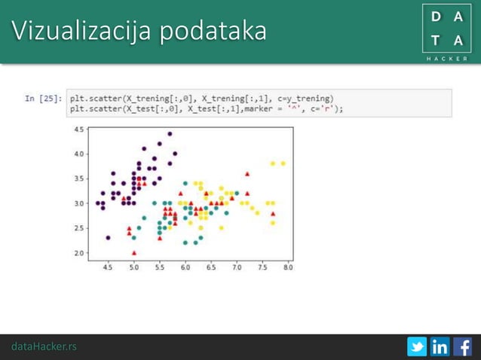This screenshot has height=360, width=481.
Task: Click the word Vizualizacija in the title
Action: (x=83, y=32)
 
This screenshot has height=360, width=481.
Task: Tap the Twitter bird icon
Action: (x=417, y=346)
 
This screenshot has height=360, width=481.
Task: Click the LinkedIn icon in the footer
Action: (x=440, y=346)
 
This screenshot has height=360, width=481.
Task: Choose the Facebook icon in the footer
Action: (x=462, y=346)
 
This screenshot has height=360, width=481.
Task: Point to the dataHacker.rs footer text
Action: (x=44, y=346)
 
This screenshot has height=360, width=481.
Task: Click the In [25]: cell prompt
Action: (x=43, y=98)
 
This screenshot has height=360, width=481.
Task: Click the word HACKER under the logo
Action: (x=446, y=58)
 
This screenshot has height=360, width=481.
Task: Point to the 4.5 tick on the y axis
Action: (x=79, y=130)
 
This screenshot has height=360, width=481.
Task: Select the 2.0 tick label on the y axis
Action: (x=79, y=252)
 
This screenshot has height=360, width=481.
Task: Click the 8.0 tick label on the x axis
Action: (x=287, y=267)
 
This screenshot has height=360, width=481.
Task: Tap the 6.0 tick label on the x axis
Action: (x=185, y=267)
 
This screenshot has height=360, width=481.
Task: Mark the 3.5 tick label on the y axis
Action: (x=79, y=178)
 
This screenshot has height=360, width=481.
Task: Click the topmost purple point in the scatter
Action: (x=170, y=134)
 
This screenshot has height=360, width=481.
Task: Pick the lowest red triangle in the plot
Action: (x=134, y=252)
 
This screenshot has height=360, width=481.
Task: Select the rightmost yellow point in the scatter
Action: (x=283, y=163)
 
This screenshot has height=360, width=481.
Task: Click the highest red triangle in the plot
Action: (x=247, y=173)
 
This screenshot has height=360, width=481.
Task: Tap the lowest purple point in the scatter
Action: (x=109, y=237)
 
